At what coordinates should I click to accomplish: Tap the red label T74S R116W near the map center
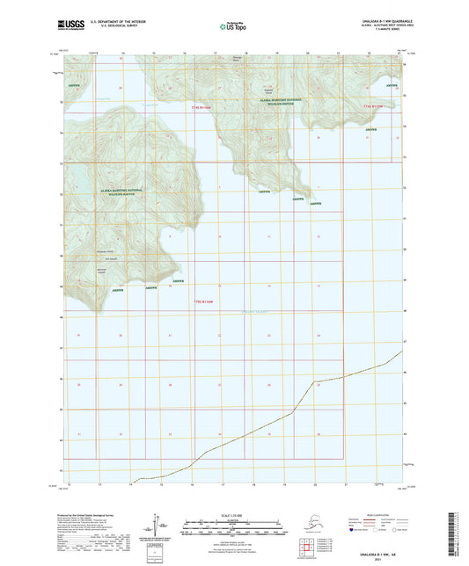coord(203,303)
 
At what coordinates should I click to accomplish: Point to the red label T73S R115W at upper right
coord(374,106)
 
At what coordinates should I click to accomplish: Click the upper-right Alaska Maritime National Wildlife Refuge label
coord(273,102)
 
